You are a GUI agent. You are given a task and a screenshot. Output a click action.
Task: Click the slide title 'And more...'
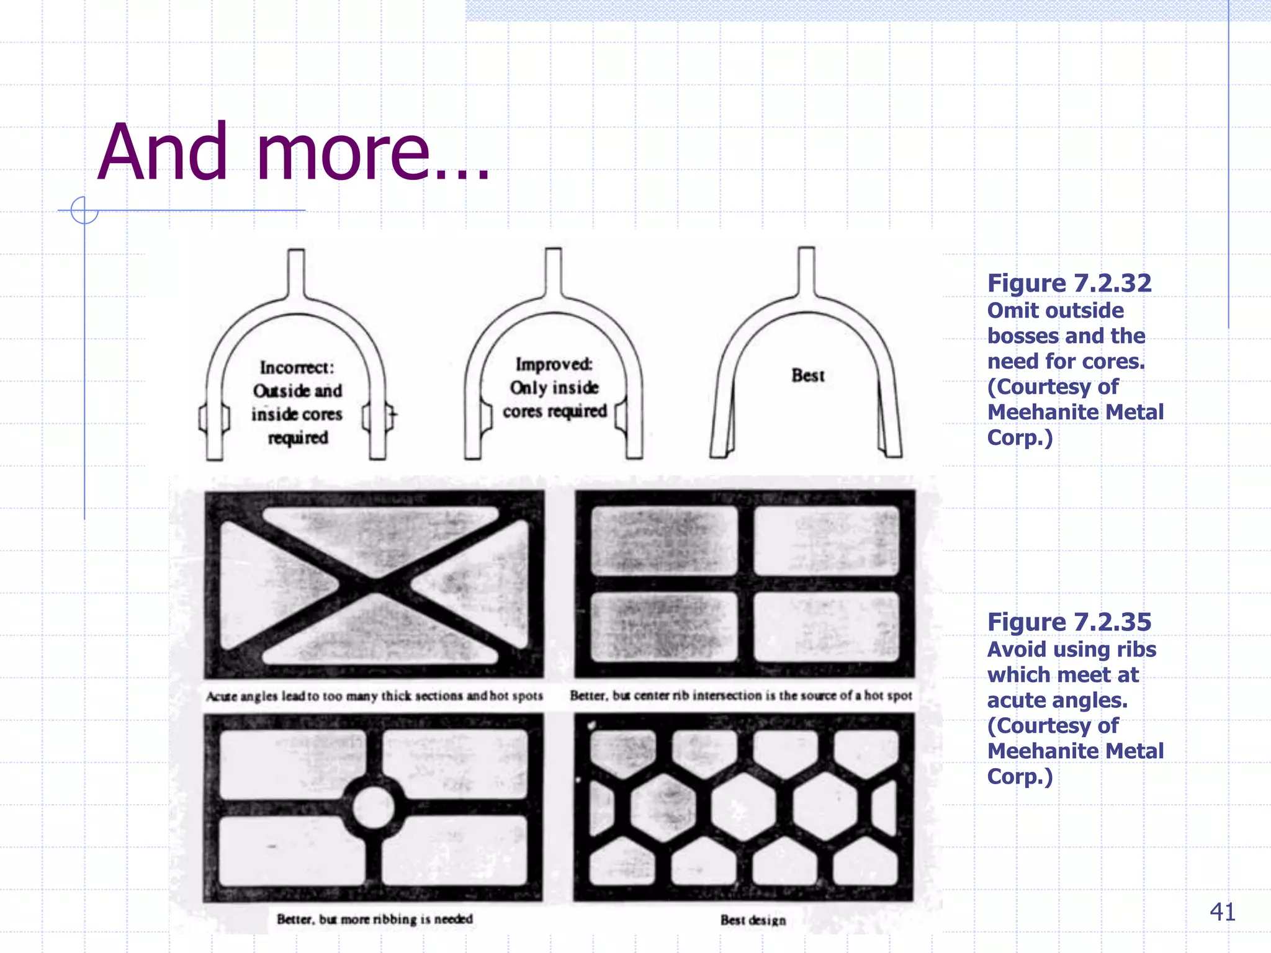pyautogui.click(x=293, y=153)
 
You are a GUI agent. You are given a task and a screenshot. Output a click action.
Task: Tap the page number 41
pyautogui.click(x=1222, y=912)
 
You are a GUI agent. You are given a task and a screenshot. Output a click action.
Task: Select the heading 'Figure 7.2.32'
pyautogui.click(x=1069, y=284)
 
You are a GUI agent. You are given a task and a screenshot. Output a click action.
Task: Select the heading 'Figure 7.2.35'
pyautogui.click(x=1069, y=622)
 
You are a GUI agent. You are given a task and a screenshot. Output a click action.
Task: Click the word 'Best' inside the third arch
pyautogui.click(x=807, y=375)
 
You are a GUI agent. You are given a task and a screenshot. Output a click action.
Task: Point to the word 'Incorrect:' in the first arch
pyautogui.click(x=297, y=368)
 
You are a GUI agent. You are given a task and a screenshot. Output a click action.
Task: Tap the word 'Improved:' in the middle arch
pyautogui.click(x=554, y=364)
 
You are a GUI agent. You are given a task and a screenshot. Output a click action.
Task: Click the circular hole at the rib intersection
pyautogui.click(x=373, y=807)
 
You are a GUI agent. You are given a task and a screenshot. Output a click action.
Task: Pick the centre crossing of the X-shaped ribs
pyautogui.click(x=374, y=584)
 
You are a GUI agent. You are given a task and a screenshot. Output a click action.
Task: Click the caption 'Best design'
pyautogui.click(x=753, y=920)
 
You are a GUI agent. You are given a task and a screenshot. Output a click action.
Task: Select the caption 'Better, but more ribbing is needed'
pyautogui.click(x=374, y=919)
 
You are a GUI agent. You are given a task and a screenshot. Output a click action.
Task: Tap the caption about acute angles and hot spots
pyautogui.click(x=374, y=696)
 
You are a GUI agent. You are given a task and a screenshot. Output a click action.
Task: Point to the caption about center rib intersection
pyautogui.click(x=741, y=696)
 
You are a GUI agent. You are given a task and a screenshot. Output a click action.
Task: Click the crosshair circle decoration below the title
pyautogui.click(x=84, y=210)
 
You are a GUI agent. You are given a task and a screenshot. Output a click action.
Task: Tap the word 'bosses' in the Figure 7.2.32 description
pyautogui.click(x=1026, y=336)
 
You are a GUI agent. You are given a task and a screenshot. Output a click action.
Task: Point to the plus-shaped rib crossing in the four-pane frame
pyautogui.click(x=745, y=584)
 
